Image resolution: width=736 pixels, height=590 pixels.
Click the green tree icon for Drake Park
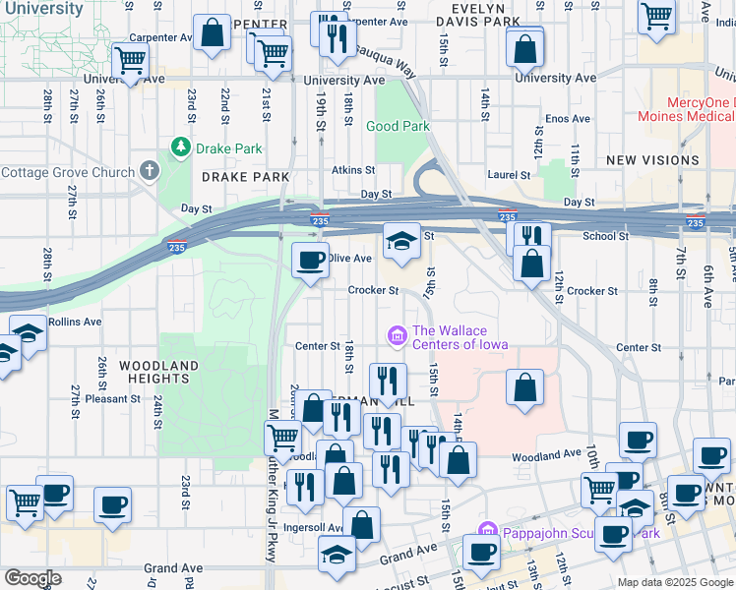[180, 148]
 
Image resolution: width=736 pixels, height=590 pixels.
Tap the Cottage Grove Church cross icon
[149, 172]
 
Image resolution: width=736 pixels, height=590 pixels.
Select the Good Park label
[398, 126]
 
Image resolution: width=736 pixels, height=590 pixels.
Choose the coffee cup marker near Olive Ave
[311, 261]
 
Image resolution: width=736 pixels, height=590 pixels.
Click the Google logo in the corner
[31, 578]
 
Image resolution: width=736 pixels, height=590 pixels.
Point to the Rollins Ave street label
[80, 322]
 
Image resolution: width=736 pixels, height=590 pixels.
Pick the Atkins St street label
[353, 170]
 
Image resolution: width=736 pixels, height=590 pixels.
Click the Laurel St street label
[510, 175]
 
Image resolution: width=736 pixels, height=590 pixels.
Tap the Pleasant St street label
[113, 398]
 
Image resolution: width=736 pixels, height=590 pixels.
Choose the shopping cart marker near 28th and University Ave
[130, 61]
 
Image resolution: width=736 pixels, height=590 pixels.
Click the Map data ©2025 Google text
[675, 582]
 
